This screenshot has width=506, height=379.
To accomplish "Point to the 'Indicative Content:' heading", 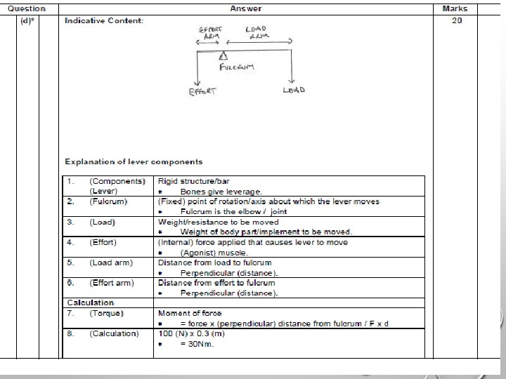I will pyautogui.click(x=104, y=21).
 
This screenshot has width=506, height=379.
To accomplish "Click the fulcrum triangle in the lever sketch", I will pyautogui.click(x=223, y=55).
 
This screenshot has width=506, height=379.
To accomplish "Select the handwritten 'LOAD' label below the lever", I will pyautogui.click(x=294, y=91).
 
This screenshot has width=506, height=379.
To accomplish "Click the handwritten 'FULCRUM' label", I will pyautogui.click(x=236, y=67).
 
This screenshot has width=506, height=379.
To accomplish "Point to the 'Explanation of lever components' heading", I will pyautogui.click(x=134, y=162).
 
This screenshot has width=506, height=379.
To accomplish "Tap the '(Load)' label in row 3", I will pyautogui.click(x=103, y=222).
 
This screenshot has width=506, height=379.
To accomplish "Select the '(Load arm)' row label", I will pyautogui.click(x=110, y=262).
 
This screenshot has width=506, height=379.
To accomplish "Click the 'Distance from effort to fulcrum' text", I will pyautogui.click(x=216, y=283).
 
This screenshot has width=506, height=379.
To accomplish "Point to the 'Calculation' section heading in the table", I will pyautogui.click(x=90, y=302).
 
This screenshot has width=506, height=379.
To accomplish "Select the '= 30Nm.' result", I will pyautogui.click(x=197, y=344).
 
